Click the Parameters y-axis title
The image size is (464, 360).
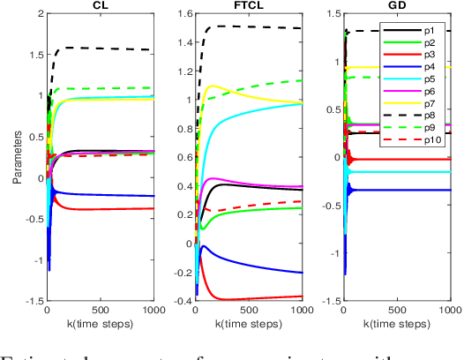[14, 160]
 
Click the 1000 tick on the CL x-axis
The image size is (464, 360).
[151, 310]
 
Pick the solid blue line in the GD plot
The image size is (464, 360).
[406, 190]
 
